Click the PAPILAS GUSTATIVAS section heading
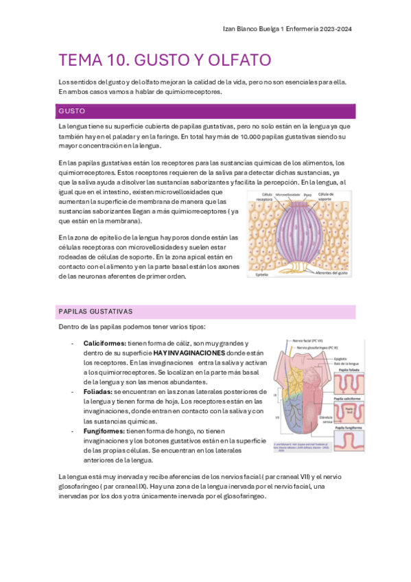[95, 312]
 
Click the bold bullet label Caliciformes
[104, 342]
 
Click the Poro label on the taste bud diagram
[307, 195]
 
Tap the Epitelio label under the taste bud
[261, 274]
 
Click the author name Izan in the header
[231, 29]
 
